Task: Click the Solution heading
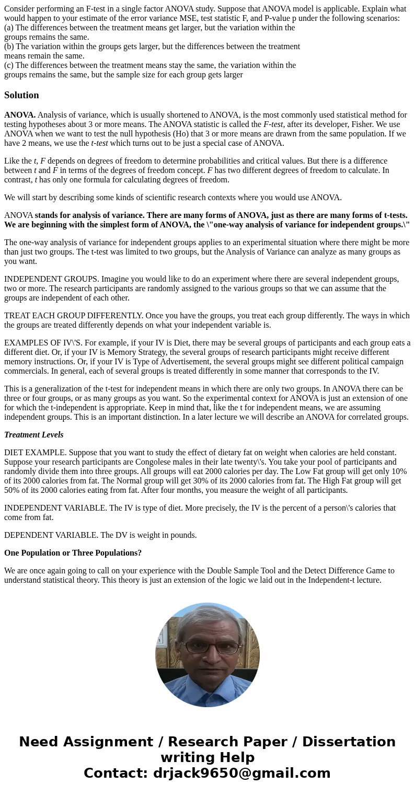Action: tap(21, 95)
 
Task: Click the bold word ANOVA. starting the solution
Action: tap(20, 115)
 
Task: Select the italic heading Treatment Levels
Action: tap(34, 435)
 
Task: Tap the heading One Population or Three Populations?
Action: tap(73, 553)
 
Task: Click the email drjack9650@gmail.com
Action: tap(241, 773)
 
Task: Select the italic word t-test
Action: tap(99, 143)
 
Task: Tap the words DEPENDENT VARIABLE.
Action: tap(47, 535)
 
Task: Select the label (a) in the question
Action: tap(9, 28)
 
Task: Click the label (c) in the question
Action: tap(9, 65)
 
